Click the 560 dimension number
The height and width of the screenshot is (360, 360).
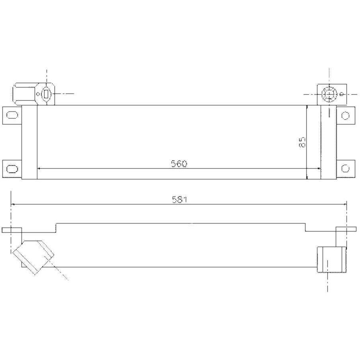179,163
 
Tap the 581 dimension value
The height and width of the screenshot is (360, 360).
179,200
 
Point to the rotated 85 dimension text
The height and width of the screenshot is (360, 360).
302,142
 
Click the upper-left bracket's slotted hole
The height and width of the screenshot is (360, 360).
12,115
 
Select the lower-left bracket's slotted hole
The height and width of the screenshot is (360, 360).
12,167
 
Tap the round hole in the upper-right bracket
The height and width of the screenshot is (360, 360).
345,115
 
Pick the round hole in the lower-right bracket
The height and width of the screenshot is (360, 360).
345,167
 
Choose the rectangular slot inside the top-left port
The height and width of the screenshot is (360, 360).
46,94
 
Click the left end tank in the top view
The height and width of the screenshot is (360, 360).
29,142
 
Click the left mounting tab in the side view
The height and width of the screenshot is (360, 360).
12,230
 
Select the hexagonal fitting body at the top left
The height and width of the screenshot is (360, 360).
25,94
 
